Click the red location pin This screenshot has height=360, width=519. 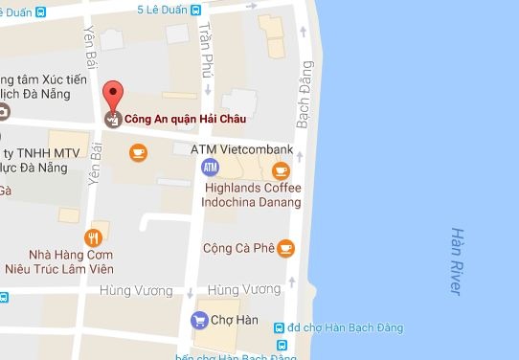pyautogui.click(x=113, y=97)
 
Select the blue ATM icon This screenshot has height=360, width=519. pyautogui.click(x=210, y=169)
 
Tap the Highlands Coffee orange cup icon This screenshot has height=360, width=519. pyautogui.click(x=280, y=170)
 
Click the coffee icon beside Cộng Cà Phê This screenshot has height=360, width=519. pyautogui.click(x=285, y=248)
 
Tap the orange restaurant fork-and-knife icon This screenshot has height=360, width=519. pyautogui.click(x=93, y=238)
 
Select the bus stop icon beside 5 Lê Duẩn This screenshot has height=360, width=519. pyautogui.click(x=195, y=11)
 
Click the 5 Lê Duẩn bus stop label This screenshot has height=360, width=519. pyautogui.click(x=161, y=11)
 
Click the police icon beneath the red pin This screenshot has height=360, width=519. pyautogui.click(x=113, y=120)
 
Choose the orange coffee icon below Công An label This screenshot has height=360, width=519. pyautogui.click(x=139, y=151)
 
